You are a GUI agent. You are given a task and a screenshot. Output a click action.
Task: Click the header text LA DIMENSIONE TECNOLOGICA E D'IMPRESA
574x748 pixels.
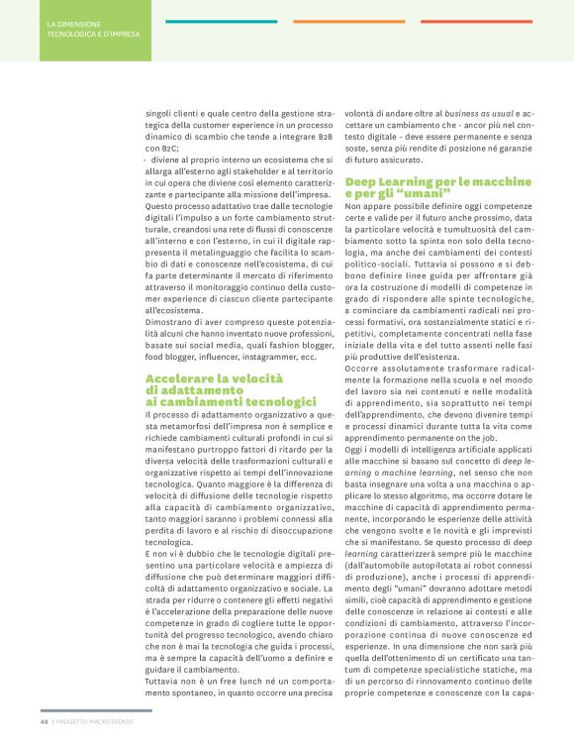(x=93, y=28)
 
